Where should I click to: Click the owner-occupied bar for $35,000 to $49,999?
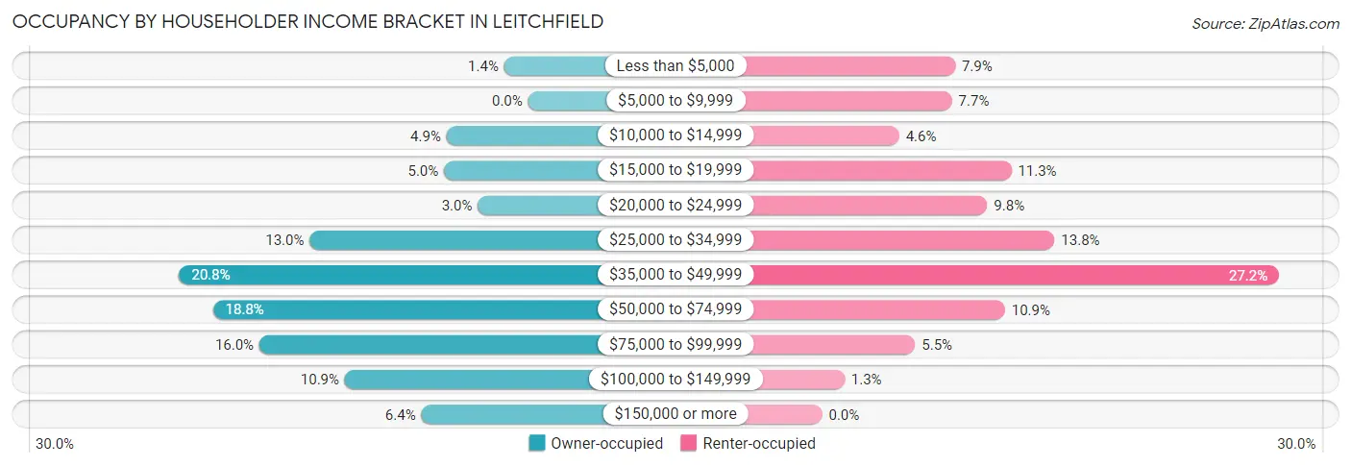(x=389, y=275)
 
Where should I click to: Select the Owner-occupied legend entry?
(x=596, y=444)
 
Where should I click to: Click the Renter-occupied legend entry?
(x=748, y=444)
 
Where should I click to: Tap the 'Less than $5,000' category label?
(x=675, y=66)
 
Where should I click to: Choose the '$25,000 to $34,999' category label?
(x=675, y=240)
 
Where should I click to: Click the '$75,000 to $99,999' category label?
(x=675, y=344)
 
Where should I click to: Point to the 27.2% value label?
(x=1248, y=276)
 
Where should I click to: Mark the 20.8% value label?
(x=210, y=276)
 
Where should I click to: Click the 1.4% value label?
(x=483, y=66)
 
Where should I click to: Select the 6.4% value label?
(x=401, y=415)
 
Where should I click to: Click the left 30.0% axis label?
(x=55, y=444)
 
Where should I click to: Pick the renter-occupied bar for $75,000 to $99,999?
(x=832, y=344)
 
